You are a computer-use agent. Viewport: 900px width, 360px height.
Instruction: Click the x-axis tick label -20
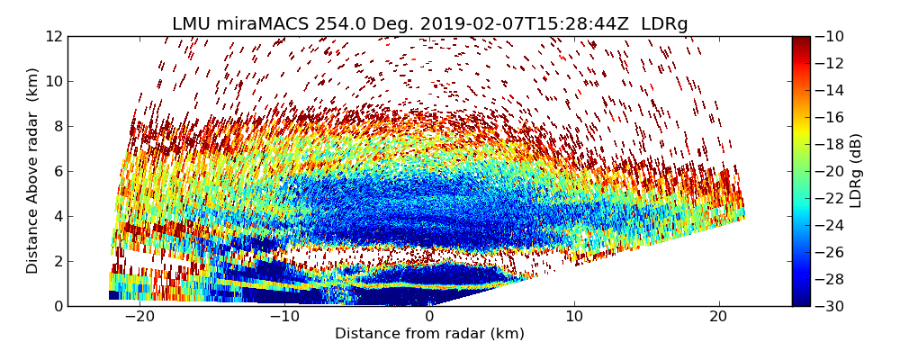coord(139,317)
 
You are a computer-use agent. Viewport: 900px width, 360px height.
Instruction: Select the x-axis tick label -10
coord(284,317)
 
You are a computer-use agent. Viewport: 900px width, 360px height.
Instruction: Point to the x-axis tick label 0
coord(429,317)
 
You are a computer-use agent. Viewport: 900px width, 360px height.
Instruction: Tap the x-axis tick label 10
coord(574,317)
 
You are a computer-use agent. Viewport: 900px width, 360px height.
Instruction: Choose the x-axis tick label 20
coord(718,317)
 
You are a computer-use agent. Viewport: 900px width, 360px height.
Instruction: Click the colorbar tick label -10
coord(831,36)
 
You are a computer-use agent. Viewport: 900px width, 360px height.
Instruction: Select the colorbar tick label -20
coord(831,171)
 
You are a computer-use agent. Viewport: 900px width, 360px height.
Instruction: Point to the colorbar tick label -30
coord(831,306)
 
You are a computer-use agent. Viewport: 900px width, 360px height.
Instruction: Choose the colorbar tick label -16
coord(831,117)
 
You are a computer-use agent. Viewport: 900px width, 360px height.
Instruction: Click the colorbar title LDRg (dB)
coord(856,171)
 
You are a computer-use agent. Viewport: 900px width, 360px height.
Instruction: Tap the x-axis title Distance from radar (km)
coord(429,334)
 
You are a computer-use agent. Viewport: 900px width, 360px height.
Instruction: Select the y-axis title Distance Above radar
coord(32,171)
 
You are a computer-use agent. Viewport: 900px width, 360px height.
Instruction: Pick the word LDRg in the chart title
coord(664,24)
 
